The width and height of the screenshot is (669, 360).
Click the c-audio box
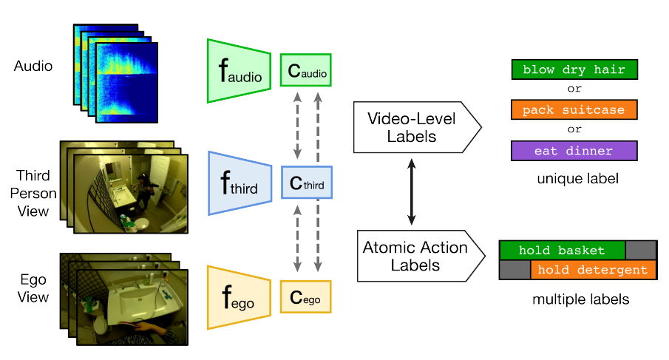[305, 71]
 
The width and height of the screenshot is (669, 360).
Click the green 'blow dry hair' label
[574, 70]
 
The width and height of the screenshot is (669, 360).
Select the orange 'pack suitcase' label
[574, 110]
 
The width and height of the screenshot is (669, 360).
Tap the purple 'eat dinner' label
[574, 151]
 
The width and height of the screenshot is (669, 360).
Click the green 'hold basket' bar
[562, 250]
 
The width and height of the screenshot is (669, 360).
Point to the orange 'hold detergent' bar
[593, 270]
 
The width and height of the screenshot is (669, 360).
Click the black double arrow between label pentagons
[411, 191]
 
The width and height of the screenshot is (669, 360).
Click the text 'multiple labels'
[577, 299]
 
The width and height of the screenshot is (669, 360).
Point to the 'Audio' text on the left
[33, 67]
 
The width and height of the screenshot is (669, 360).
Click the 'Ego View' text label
[33, 289]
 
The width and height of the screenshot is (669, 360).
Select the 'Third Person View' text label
[33, 193]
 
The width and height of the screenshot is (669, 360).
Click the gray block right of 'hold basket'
[640, 250]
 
